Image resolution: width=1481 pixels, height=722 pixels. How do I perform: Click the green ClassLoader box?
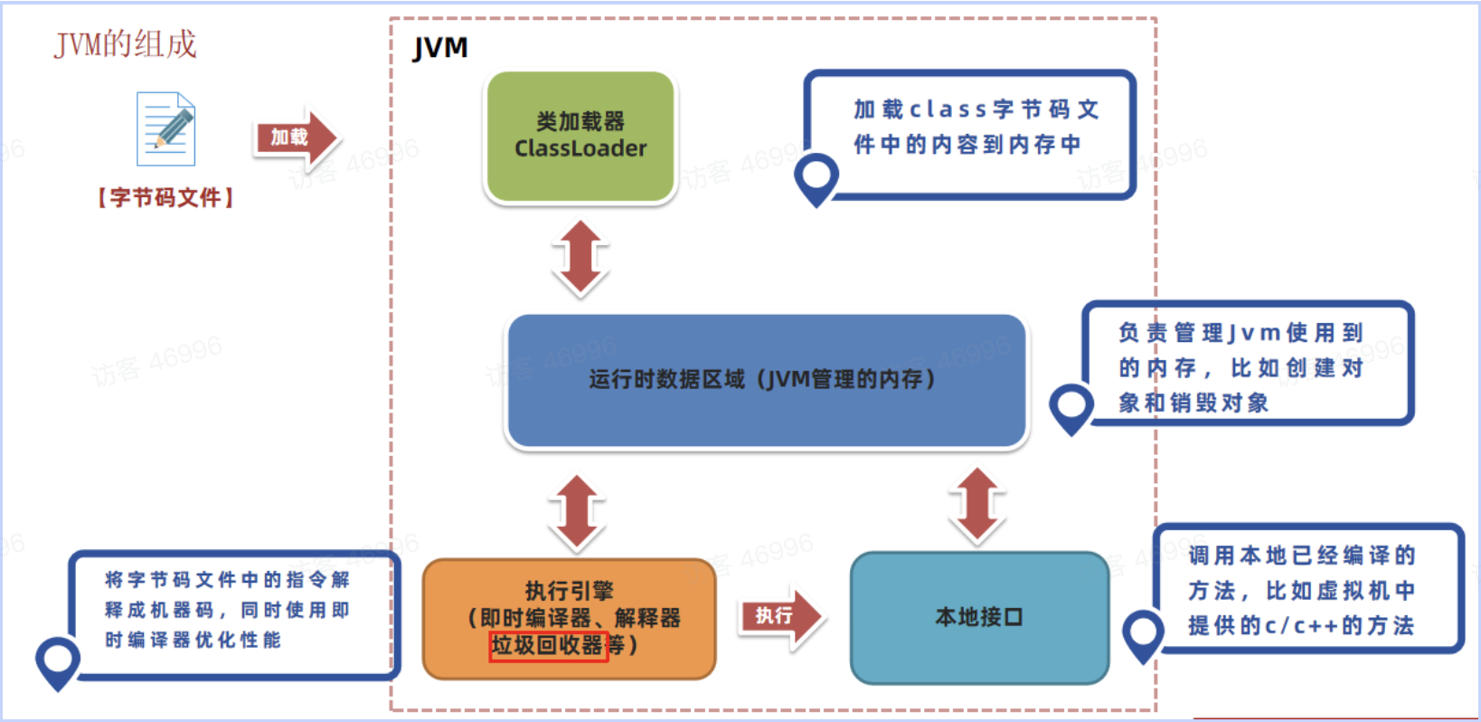580,136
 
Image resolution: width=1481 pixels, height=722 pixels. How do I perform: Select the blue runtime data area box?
766,380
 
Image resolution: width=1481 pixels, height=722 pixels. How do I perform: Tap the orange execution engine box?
570,618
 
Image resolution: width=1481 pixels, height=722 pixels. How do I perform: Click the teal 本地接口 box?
979,617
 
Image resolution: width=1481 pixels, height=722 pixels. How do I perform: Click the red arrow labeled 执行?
780,616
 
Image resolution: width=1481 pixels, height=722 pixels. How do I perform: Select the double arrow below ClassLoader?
580,258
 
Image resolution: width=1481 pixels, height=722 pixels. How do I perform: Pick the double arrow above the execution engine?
577,512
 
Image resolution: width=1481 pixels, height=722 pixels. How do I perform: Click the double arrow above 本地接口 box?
977,505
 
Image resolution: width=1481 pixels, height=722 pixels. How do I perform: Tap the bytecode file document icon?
166,129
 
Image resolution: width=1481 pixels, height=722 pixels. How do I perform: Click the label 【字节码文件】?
165,197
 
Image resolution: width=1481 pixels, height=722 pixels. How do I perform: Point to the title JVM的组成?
126,43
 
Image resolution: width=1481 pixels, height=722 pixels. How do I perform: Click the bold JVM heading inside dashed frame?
440,48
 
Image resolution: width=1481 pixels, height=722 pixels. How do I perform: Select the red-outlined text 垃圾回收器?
547,645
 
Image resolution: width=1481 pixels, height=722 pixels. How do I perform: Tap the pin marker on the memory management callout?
1071,406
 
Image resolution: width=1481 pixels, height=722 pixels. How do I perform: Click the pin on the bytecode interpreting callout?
58,660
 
